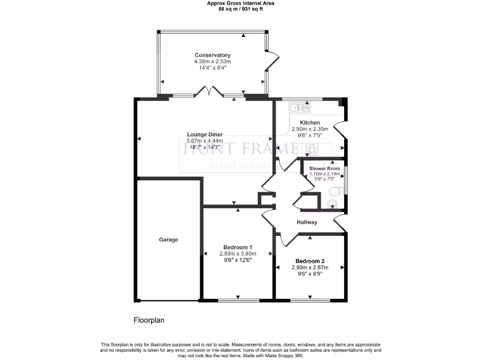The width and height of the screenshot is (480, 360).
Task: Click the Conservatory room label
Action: (x=212, y=55)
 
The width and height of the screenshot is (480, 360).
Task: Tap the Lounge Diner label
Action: (x=204, y=135)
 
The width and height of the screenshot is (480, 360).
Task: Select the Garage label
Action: (x=168, y=240)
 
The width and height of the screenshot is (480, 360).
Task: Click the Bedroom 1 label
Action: (x=238, y=247)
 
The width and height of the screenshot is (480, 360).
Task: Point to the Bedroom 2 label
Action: (x=310, y=261)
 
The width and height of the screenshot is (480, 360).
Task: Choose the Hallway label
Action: (x=307, y=222)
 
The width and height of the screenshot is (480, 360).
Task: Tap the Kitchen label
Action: (x=310, y=122)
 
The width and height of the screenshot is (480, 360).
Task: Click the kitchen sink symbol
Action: (x=300, y=108)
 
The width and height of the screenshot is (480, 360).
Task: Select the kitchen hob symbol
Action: (x=312, y=150)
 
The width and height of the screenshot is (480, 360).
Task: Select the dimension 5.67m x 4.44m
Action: (x=204, y=141)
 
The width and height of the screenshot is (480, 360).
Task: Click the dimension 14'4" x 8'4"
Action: (x=212, y=67)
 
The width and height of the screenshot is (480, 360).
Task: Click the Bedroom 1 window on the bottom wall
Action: (x=238, y=299)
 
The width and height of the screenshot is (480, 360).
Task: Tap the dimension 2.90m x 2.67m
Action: (x=310, y=268)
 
